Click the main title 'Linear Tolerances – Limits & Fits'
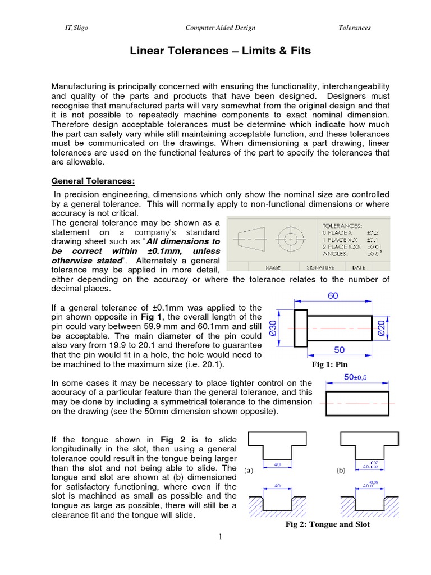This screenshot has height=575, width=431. pos(221,52)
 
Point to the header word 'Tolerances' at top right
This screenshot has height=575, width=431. pos(354,28)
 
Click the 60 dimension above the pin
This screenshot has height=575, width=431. pos(333,296)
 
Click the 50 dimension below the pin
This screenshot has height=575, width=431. pos(340,350)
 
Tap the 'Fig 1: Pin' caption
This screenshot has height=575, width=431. pos(334,364)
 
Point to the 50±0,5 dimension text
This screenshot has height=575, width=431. pos(356,378)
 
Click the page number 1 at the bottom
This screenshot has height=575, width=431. pos(221,537)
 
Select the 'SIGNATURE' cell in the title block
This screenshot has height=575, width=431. pos(320,268)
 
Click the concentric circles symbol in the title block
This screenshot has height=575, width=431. pos(291,239)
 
